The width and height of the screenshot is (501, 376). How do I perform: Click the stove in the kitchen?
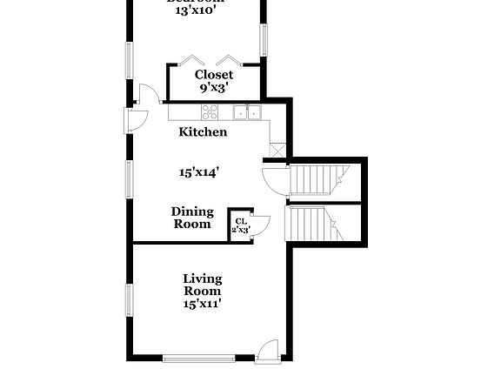coord(210,111)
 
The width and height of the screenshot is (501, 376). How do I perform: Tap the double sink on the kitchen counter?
coord(247,111)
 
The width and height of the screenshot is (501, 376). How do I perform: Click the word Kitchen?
coord(203,132)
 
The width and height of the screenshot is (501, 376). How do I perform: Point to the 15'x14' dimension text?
coord(198,172)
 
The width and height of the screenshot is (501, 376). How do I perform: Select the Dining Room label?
coord(191,218)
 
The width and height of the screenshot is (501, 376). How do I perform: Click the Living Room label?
coord(202,285)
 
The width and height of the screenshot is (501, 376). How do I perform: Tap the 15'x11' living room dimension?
coord(202,304)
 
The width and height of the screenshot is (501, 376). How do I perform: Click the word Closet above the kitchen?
coord(213,75)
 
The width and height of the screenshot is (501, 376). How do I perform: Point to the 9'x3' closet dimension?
coord(213,88)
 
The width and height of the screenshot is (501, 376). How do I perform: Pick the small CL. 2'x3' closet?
coord(240,225)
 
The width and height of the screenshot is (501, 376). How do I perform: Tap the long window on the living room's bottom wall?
coord(197,357)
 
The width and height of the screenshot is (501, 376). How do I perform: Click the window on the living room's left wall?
coord(129,299)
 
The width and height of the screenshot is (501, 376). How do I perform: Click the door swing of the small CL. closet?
coord(260,222)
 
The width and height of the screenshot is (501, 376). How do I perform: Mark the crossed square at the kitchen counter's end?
coord(277,149)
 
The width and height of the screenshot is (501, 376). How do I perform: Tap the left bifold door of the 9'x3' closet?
coord(191,61)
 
